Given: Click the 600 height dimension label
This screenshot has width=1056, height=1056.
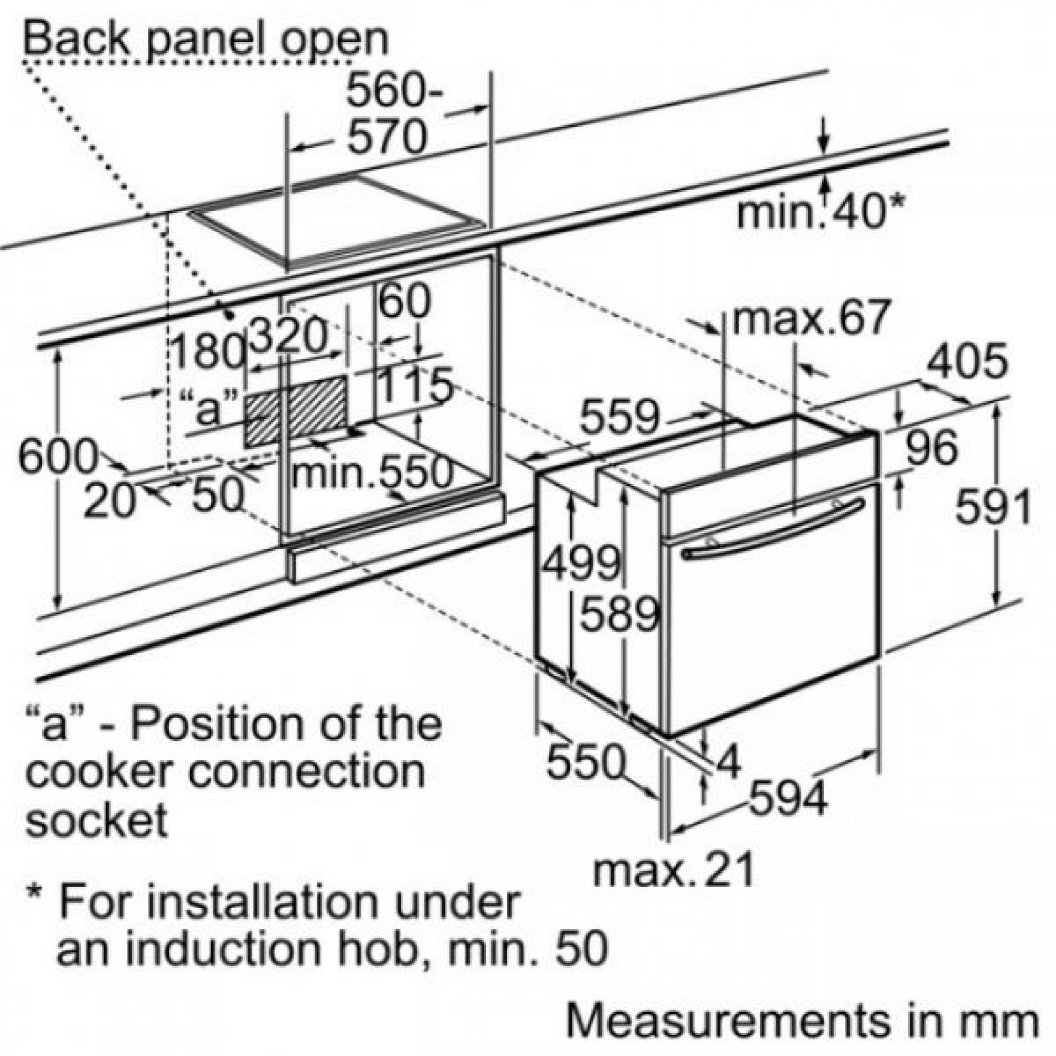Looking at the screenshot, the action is point(58,456).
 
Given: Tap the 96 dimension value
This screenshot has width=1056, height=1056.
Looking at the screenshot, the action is point(932,447).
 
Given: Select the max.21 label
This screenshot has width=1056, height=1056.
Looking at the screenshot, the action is point(673,868).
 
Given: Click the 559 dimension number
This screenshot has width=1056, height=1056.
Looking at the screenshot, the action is point(620,418).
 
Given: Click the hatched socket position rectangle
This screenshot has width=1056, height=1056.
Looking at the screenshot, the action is point(296,410).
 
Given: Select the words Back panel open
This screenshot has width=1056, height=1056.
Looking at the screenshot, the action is point(206,38).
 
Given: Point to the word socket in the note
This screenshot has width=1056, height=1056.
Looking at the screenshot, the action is point(97,820).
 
